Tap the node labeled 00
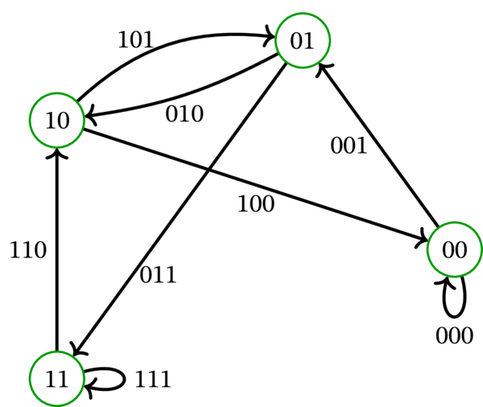(455, 250)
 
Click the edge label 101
(136, 40)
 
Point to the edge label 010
(184, 113)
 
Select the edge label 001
(349, 146)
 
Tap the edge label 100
(256, 203)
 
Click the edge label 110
(28, 251)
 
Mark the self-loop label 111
(153, 379)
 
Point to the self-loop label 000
(455, 335)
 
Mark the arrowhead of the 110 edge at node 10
(56, 152)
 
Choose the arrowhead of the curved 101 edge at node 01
(270, 36)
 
